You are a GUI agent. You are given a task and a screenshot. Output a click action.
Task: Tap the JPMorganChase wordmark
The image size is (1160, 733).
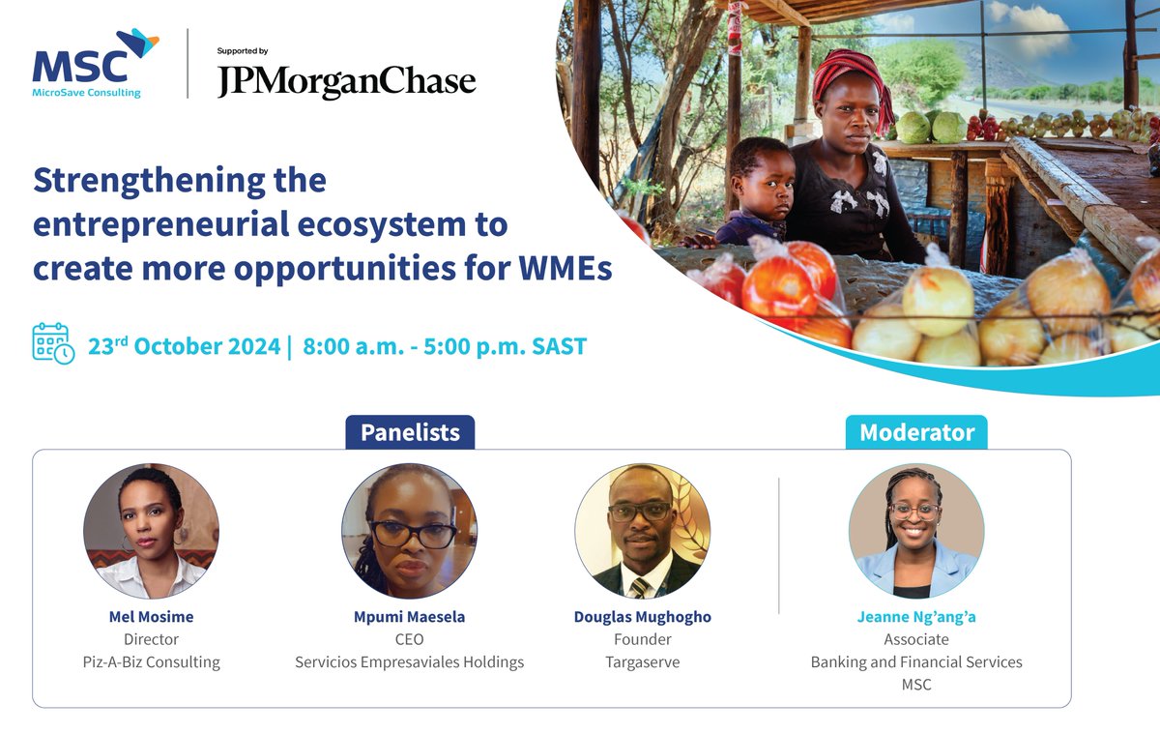click(x=346, y=81)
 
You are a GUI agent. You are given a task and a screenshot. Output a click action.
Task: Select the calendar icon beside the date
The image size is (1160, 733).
click(x=52, y=344)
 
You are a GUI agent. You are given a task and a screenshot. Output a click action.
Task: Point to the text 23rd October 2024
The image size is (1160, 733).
click(x=183, y=345)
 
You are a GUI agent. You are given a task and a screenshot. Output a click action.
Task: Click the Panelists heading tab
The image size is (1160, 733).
click(x=410, y=432)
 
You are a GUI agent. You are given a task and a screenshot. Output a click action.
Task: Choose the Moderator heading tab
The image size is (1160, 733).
click(x=916, y=432)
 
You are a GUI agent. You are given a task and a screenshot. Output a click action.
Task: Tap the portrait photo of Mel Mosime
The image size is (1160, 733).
click(x=151, y=531)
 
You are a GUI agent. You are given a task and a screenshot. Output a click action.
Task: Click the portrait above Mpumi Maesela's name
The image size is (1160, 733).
click(x=409, y=531)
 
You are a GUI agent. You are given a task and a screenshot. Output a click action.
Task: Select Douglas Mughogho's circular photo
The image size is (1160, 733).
click(x=642, y=531)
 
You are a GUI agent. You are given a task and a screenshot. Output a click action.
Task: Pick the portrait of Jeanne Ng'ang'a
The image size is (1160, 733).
click(x=915, y=531)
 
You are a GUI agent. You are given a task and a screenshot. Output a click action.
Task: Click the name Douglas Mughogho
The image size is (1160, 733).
click(x=642, y=617)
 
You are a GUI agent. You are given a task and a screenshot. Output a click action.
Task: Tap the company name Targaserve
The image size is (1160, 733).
click(x=642, y=662)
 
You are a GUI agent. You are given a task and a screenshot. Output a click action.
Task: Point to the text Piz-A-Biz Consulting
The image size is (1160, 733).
click(x=151, y=662)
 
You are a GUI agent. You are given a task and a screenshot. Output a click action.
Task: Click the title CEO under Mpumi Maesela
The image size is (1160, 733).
click(x=409, y=639)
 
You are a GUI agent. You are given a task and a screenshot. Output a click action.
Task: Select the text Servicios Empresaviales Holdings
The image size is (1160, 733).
click(x=409, y=662)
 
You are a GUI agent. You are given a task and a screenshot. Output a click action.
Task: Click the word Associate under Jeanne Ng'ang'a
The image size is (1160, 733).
click(x=915, y=639)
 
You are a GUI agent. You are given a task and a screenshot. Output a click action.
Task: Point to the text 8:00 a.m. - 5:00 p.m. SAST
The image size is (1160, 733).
click(x=446, y=345)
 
